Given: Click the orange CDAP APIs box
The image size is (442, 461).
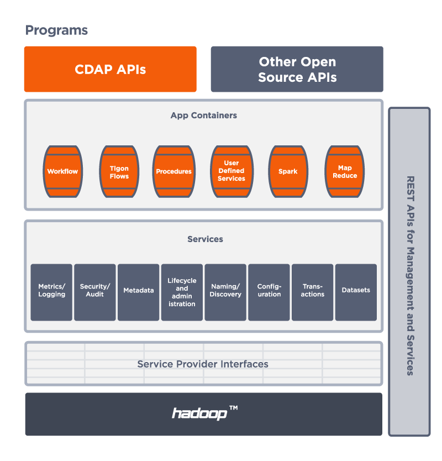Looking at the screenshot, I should point(110,69).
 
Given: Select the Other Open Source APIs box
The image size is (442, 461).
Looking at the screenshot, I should point(297,69).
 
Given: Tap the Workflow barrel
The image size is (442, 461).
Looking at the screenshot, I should point(62,171).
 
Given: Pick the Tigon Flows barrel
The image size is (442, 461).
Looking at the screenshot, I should point(119,172).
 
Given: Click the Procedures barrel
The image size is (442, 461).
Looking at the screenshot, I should point(173,171).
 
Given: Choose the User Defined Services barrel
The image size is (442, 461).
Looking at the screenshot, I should point(231,171).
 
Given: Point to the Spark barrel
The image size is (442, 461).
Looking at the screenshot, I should point(288,171).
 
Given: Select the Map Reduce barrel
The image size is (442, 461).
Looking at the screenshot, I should point(345,171).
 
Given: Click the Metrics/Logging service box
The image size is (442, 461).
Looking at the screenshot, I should point(51,292).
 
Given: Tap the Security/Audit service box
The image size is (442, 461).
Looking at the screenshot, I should point(95,292).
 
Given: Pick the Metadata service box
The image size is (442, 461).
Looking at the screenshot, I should point(139,292).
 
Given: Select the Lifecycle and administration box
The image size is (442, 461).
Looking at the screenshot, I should point(182,292).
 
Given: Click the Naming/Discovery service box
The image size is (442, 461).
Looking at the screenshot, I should point(225,292).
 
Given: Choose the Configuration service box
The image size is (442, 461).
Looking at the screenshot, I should point(269,292).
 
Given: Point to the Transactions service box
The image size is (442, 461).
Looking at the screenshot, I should point(313,292).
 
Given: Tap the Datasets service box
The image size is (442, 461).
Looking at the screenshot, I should point(356,292).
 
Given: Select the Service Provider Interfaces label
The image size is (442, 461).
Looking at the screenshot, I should point(203,364).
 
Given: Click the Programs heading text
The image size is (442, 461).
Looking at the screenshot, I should point(57,30).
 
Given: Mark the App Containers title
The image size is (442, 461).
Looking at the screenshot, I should point(203,116).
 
